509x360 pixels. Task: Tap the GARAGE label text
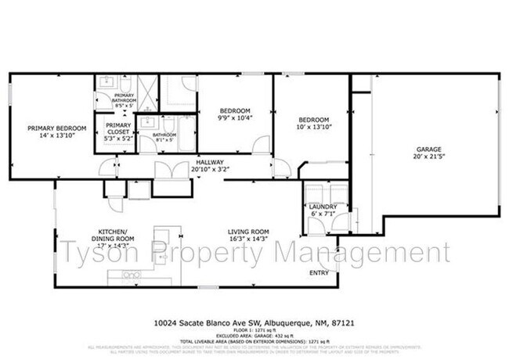(x=429, y=149)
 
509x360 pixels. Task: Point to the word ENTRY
(x=319, y=273)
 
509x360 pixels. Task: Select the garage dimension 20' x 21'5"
(x=429, y=157)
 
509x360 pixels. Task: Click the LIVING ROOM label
(x=248, y=232)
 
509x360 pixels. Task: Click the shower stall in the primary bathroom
(x=147, y=91)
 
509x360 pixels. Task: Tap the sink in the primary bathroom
(x=106, y=82)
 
